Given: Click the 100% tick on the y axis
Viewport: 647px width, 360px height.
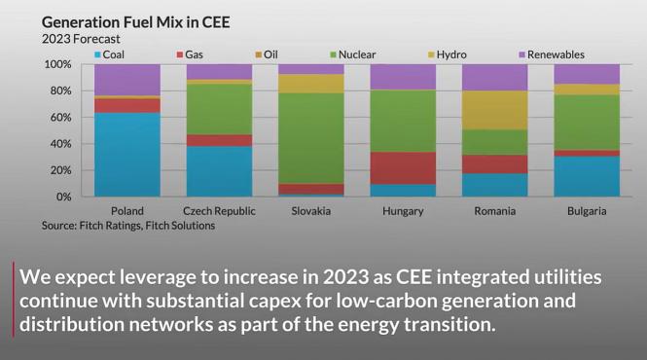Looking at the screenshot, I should click(x=58, y=64).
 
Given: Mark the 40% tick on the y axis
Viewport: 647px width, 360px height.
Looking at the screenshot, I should click(x=60, y=144).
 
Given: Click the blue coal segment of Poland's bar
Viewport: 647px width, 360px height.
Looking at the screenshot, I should click(x=126, y=155).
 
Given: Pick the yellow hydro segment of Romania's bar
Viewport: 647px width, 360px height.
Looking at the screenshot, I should click(x=495, y=110).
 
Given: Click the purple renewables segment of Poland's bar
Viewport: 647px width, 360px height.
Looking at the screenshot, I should click(x=126, y=80).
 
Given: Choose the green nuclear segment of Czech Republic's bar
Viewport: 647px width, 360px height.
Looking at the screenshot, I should click(x=219, y=109).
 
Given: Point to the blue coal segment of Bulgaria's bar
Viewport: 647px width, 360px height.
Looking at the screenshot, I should click(x=587, y=176).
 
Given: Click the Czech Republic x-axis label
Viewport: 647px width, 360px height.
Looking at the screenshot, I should click(x=219, y=211).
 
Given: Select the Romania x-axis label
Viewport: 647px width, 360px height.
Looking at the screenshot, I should click(x=495, y=211).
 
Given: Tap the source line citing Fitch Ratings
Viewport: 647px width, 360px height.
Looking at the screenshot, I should click(x=128, y=226).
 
